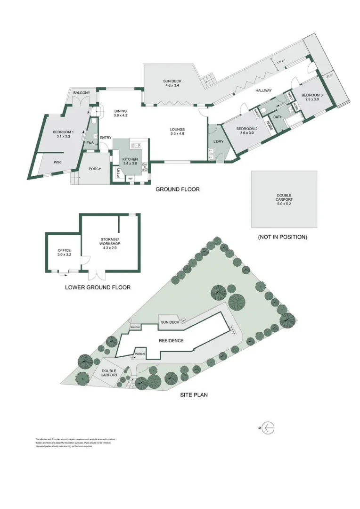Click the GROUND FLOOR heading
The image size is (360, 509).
[178, 189]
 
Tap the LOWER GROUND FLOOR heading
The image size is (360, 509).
[98, 287]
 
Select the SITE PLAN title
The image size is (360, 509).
[194, 394]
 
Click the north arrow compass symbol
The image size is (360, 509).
[267, 428]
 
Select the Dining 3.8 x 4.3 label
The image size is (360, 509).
[120, 113]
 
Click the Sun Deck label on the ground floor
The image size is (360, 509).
[173, 83]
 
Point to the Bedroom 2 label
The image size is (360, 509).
[247, 131]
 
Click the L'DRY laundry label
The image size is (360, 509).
[218, 141]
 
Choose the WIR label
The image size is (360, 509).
[57, 162]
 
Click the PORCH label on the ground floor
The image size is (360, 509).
[95, 169]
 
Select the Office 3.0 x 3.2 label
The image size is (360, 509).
[64, 253]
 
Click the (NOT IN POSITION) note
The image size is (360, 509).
[282, 237]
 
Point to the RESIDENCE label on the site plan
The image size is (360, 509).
[171, 340]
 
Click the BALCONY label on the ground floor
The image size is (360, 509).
[81, 93]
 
